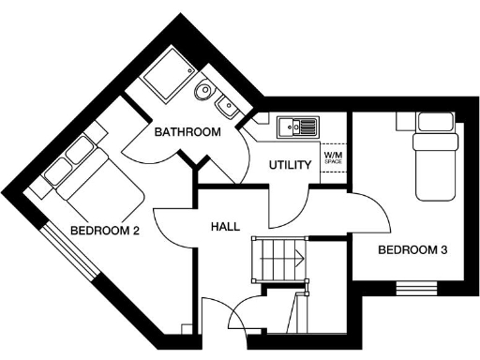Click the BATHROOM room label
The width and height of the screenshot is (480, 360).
pos(187,132)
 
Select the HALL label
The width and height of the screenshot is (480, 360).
pos(226,226)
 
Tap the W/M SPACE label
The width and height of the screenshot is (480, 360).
pos(333,157)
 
